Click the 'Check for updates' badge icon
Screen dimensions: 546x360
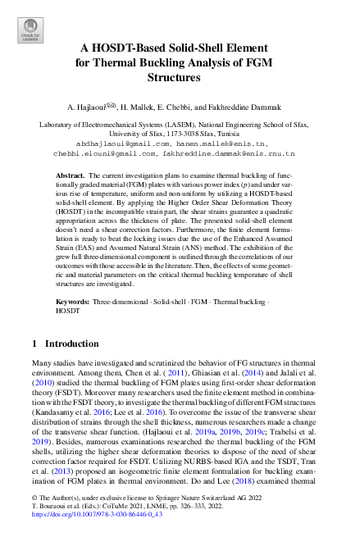(30, 31)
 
